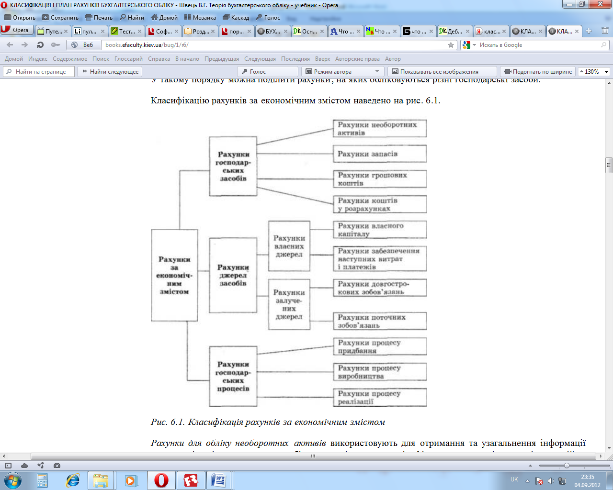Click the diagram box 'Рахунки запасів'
pyautogui.click(x=379, y=154)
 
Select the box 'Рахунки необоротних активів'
pyautogui.click(x=379, y=129)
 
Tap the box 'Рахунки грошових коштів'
pyautogui.click(x=379, y=179)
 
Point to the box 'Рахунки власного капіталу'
pyautogui.click(x=379, y=230)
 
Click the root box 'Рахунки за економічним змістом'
pyautogui.click(x=174, y=275)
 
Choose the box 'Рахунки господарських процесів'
pyautogui.click(x=233, y=377)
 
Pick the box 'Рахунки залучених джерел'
pyautogui.click(x=289, y=305)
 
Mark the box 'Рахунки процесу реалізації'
pyautogui.click(x=379, y=397)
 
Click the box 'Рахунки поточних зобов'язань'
pyautogui.click(x=379, y=321)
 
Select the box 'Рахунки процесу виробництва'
pyautogui.click(x=379, y=372)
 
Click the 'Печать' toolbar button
pyautogui.click(x=99, y=17)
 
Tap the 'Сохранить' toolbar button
pyautogui.click(x=60, y=17)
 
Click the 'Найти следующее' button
pyautogui.click(x=111, y=72)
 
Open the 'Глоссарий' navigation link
pyautogui.click(x=128, y=59)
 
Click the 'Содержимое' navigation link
pyautogui.click(x=70, y=59)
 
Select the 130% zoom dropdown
pyautogui.click(x=594, y=72)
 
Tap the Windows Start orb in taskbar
pyautogui.click(x=12, y=480)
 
